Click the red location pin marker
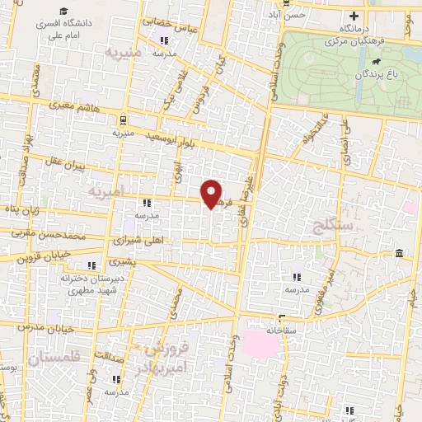212,194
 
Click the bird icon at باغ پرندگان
376,62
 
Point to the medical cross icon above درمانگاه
354,15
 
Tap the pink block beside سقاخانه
265,347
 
